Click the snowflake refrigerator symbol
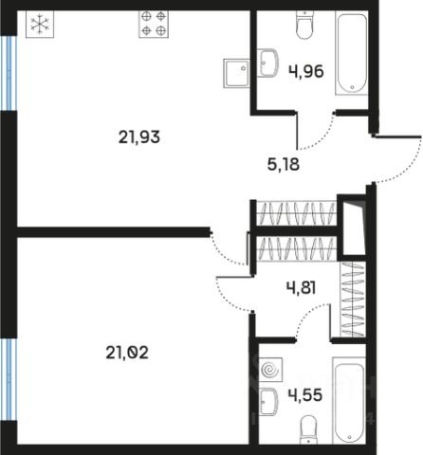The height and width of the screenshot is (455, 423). [40, 24]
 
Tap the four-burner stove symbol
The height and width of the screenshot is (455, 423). [154, 24]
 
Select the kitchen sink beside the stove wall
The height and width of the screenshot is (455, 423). [236, 73]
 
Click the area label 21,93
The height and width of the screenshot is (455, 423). [139, 137]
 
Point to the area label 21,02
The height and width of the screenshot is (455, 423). [127, 353]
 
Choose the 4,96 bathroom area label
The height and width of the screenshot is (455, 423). [306, 71]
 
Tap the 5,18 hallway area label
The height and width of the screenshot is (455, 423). [284, 164]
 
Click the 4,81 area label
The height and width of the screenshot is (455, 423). [301, 288]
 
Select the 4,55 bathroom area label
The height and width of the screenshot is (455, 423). [305, 395]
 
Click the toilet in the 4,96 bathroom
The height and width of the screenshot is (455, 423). [304, 25]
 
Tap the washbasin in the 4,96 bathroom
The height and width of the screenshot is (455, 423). [267, 63]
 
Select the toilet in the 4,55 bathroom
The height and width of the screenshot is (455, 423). [308, 429]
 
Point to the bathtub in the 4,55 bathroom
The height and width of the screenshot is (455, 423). [349, 401]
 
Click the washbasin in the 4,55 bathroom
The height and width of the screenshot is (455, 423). [268, 402]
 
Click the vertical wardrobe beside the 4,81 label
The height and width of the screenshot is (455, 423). [353, 299]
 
